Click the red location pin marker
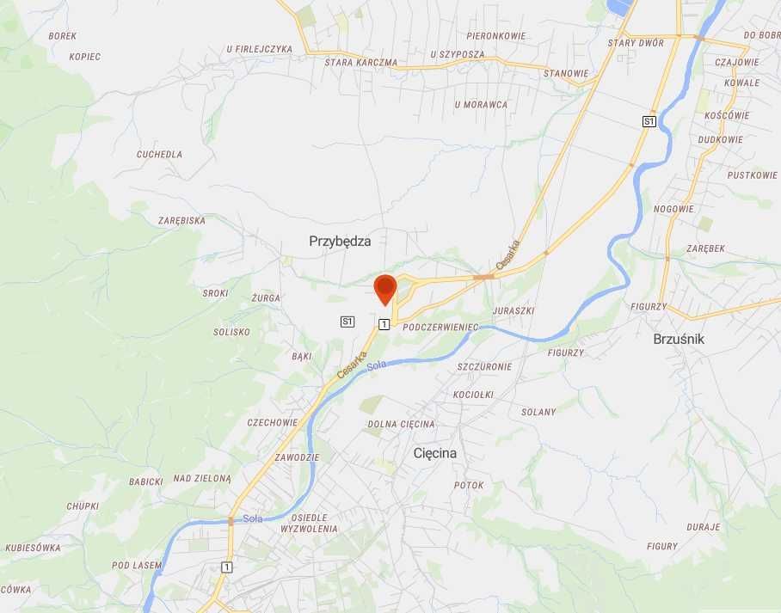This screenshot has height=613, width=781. [x=384, y=288]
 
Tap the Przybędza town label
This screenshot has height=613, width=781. [x=340, y=242]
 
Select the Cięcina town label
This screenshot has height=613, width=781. [x=434, y=452]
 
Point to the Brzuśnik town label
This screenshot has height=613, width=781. [x=679, y=339]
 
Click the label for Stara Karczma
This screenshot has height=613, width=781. [x=361, y=63]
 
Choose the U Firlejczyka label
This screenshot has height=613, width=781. [x=260, y=49]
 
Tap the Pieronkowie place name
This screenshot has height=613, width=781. [x=496, y=36]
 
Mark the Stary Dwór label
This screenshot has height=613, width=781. [x=634, y=42]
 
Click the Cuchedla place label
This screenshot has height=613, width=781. [x=159, y=155]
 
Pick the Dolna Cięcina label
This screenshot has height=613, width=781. [x=401, y=424]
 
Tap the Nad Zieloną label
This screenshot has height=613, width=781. [x=202, y=478]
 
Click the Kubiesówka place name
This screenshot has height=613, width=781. [x=33, y=548]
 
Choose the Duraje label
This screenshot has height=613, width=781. [x=703, y=526]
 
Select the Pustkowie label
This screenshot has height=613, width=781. [x=752, y=175]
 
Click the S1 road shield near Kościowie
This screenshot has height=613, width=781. [x=649, y=122]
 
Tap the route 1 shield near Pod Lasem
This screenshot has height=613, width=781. [x=226, y=567]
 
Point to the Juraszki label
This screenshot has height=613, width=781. [x=514, y=310]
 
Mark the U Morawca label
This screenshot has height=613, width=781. [x=481, y=105]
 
